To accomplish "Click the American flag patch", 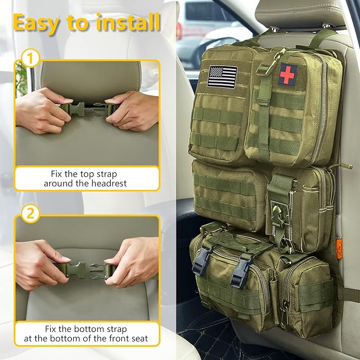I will [x=223, y=76].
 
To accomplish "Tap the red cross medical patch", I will [x=287, y=73].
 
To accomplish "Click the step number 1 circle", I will [x=30, y=58].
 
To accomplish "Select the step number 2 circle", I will [x=30, y=214].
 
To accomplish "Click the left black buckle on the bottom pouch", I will [x=202, y=261].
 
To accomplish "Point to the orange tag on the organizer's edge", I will [x=339, y=247].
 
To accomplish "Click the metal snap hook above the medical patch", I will [x=264, y=68].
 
